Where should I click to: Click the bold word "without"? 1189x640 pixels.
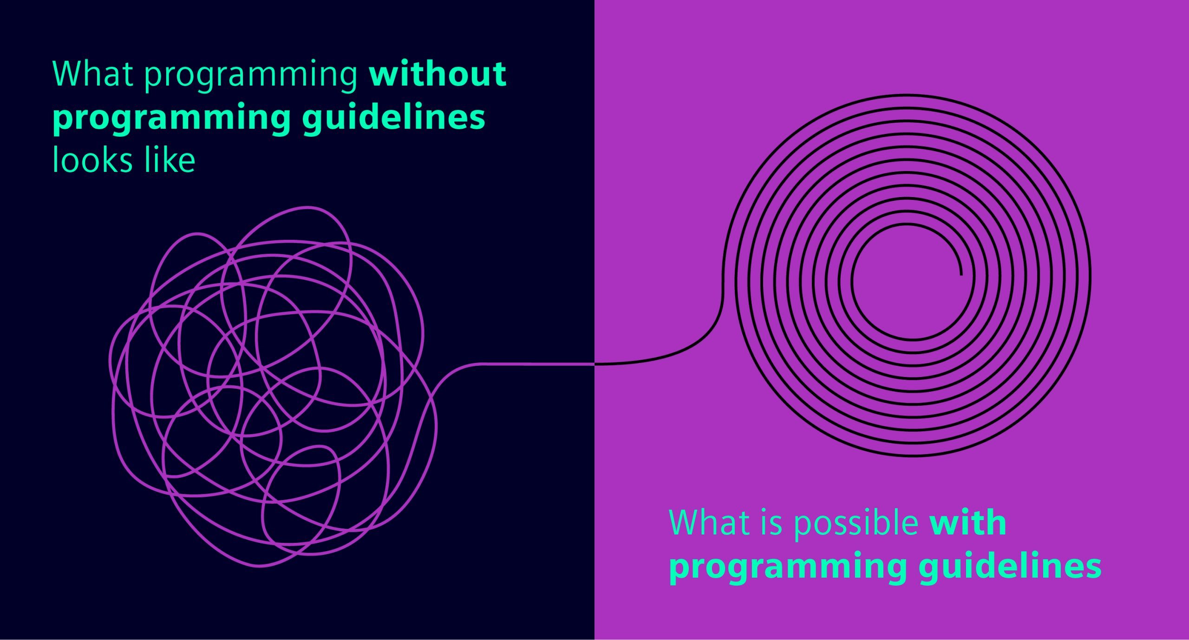pyautogui.click(x=437, y=74)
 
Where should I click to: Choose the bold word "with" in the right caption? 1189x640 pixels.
pyautogui.click(x=968, y=523)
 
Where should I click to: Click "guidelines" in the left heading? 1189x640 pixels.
pyautogui.click(x=393, y=118)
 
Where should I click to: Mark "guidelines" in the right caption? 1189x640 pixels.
pyautogui.click(x=1010, y=567)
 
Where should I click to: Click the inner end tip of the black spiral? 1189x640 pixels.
pyautogui.click(x=961, y=274)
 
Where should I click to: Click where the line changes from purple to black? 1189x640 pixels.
pyautogui.click(x=594, y=364)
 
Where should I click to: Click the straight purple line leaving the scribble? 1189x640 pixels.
pyautogui.click(x=534, y=364)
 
